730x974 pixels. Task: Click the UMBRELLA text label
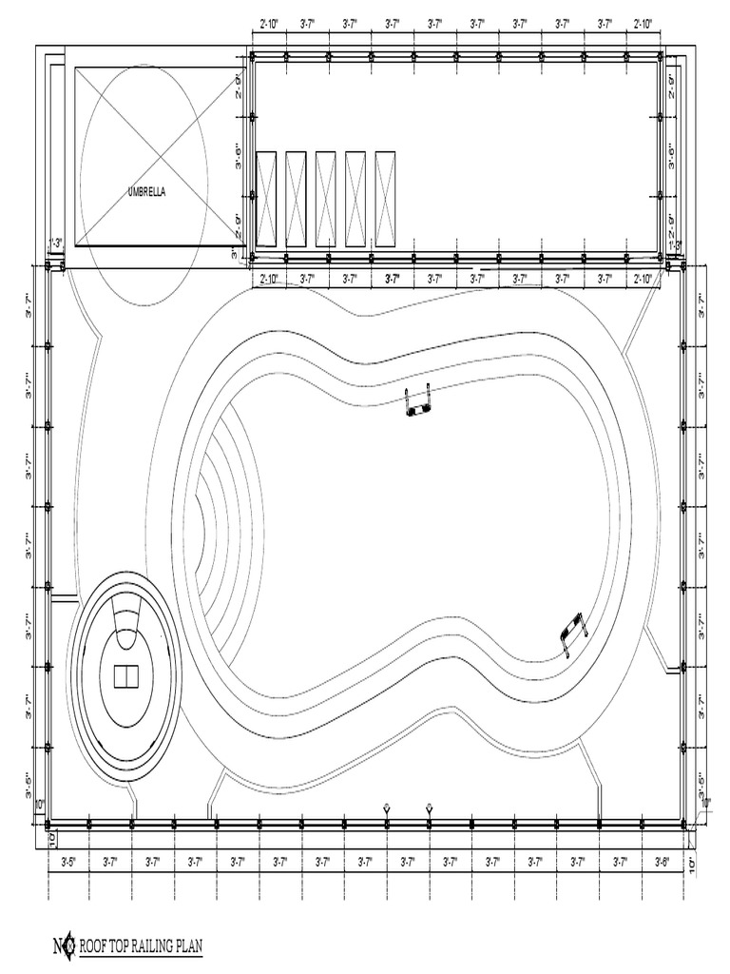[x=146, y=191]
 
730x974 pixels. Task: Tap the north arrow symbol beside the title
[x=62, y=946]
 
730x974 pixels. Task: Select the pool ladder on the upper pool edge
[x=418, y=401]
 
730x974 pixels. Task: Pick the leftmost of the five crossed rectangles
[x=266, y=198]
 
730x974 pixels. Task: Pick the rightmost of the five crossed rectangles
[x=385, y=198]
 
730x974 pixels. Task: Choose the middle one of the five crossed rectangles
[x=325, y=198]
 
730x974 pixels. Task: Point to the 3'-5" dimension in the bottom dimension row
[x=68, y=862]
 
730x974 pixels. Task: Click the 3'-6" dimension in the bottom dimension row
[x=663, y=862]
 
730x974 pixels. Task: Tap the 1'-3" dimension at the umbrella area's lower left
[x=56, y=243]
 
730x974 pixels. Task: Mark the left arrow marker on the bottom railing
[x=387, y=808]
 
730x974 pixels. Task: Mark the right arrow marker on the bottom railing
[x=430, y=808]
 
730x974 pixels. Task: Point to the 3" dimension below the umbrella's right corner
[x=234, y=255]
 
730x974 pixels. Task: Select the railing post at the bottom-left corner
[x=49, y=825]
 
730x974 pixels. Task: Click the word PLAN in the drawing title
[x=189, y=946]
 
